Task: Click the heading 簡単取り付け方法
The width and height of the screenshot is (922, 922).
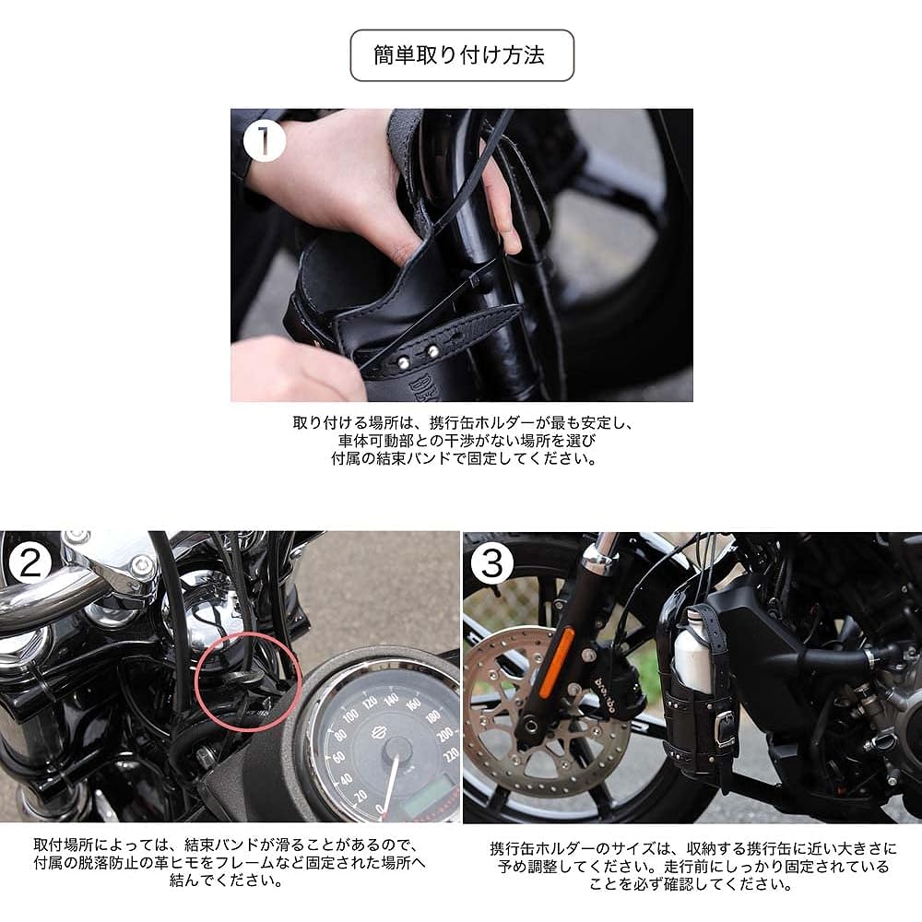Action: [461, 55]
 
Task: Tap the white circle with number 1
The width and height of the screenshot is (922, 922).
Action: [266, 142]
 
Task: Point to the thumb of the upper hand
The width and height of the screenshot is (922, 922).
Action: [498, 203]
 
